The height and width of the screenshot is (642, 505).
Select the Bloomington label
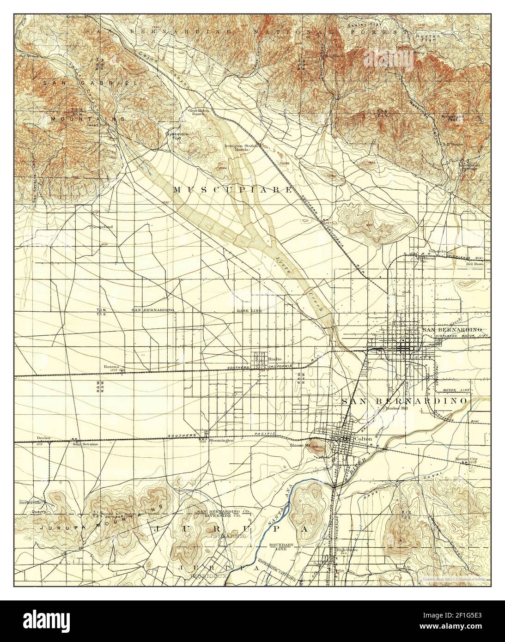click(221, 441)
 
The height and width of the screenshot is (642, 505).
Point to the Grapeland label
click(103, 227)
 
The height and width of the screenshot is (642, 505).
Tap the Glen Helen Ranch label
click(199, 113)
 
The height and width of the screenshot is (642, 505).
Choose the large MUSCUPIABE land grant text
click(233, 190)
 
